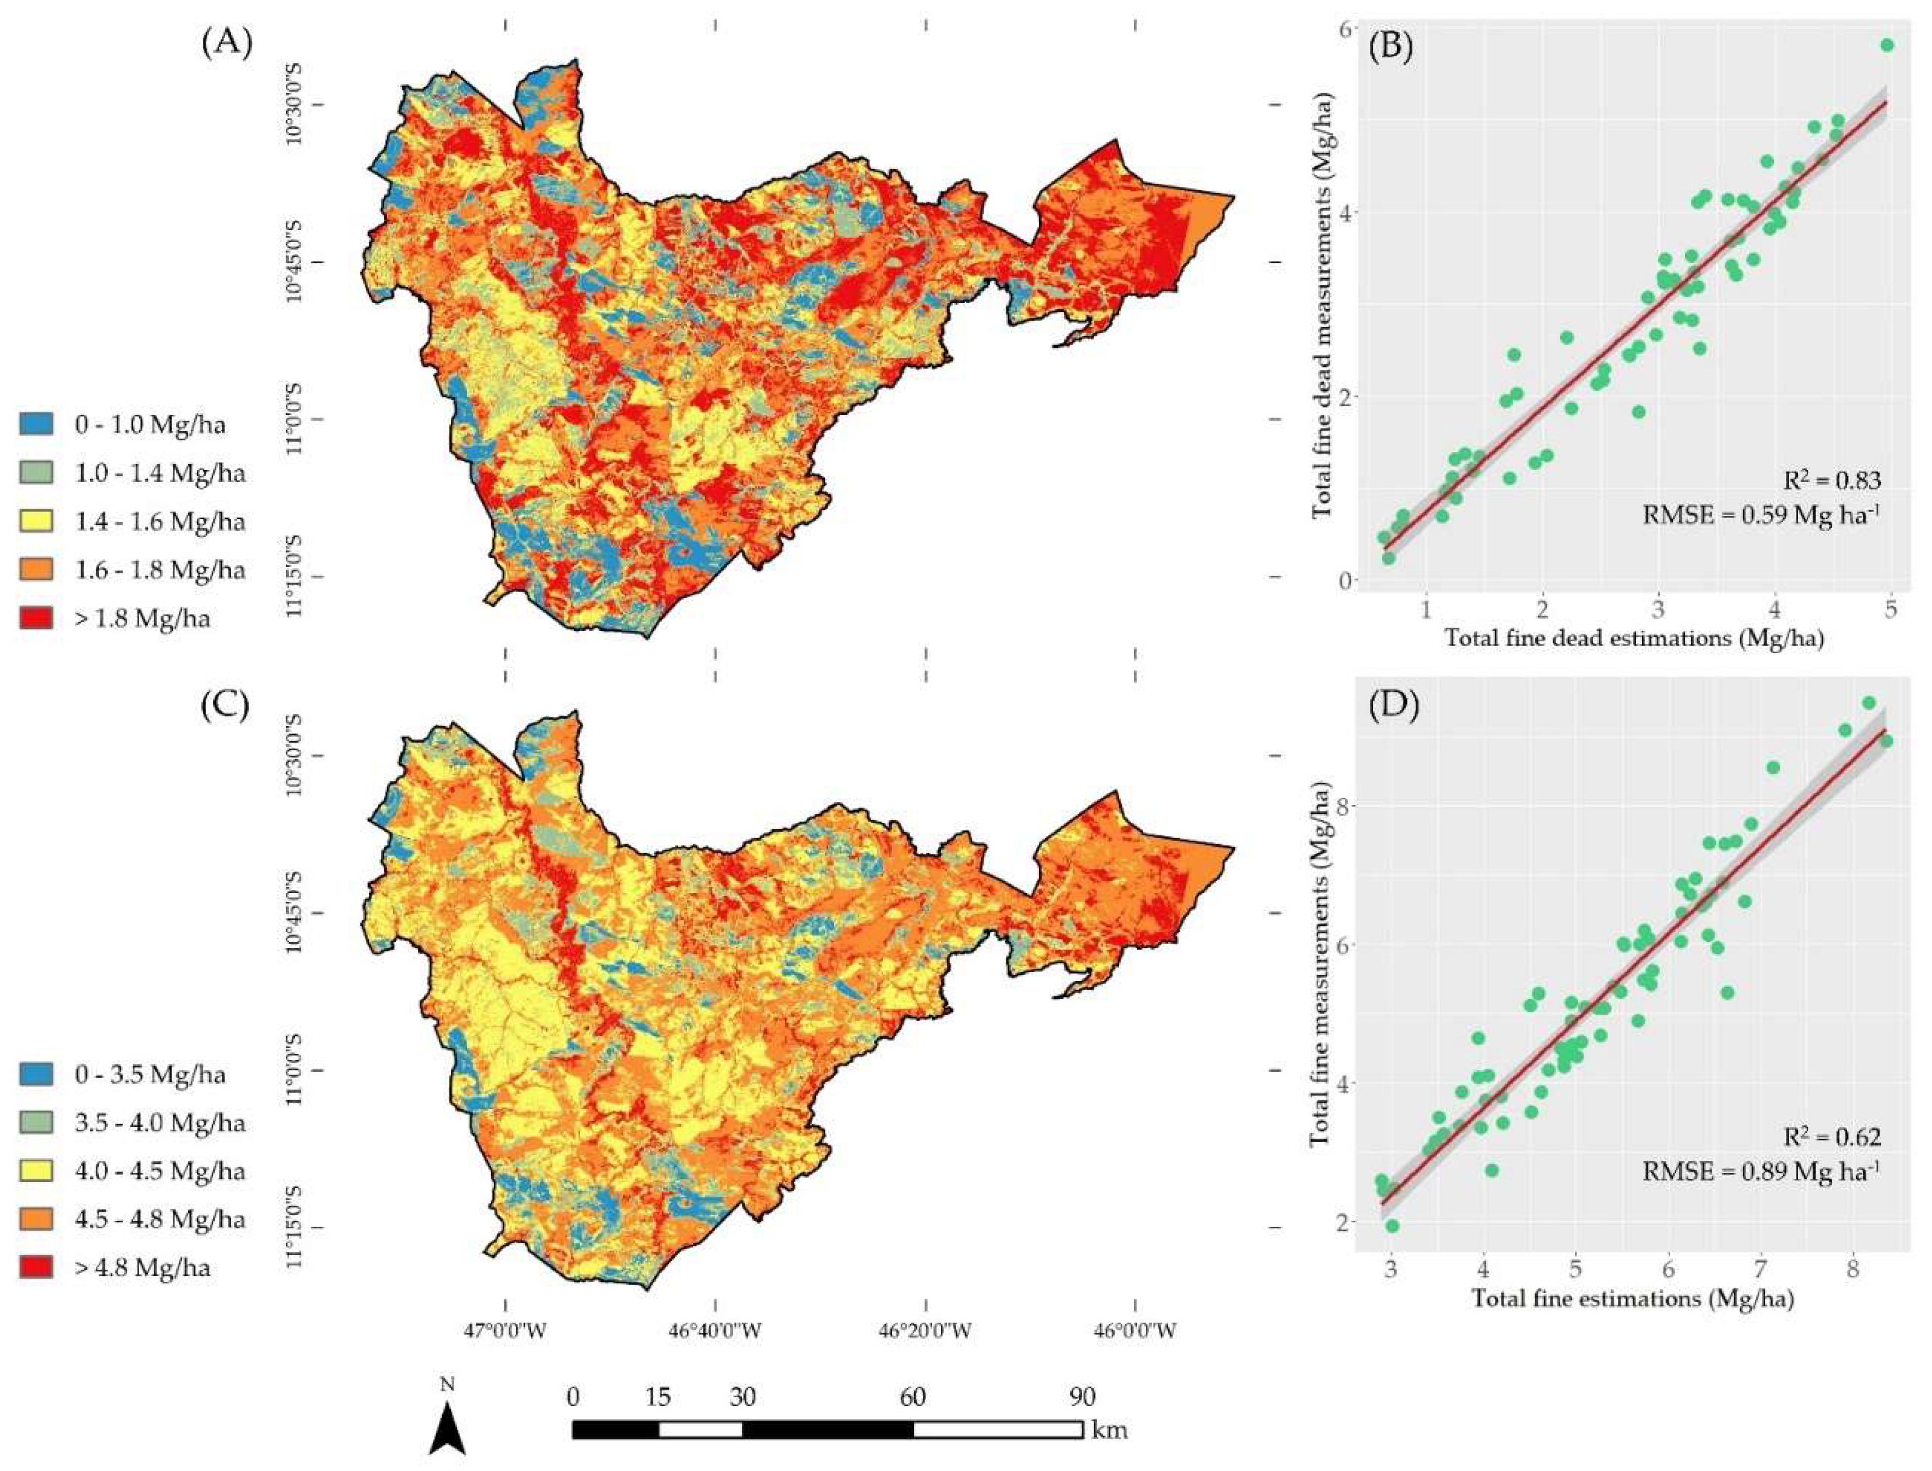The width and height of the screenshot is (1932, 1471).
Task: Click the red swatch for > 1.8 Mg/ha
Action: pyautogui.click(x=36, y=618)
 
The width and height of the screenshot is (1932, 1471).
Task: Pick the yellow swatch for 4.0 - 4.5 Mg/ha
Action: pyautogui.click(x=36, y=1170)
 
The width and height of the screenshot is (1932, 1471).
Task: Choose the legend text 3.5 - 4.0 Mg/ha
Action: pyautogui.click(x=161, y=1123)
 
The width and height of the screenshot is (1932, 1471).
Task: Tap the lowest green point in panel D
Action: pyautogui.click(x=1392, y=1226)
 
